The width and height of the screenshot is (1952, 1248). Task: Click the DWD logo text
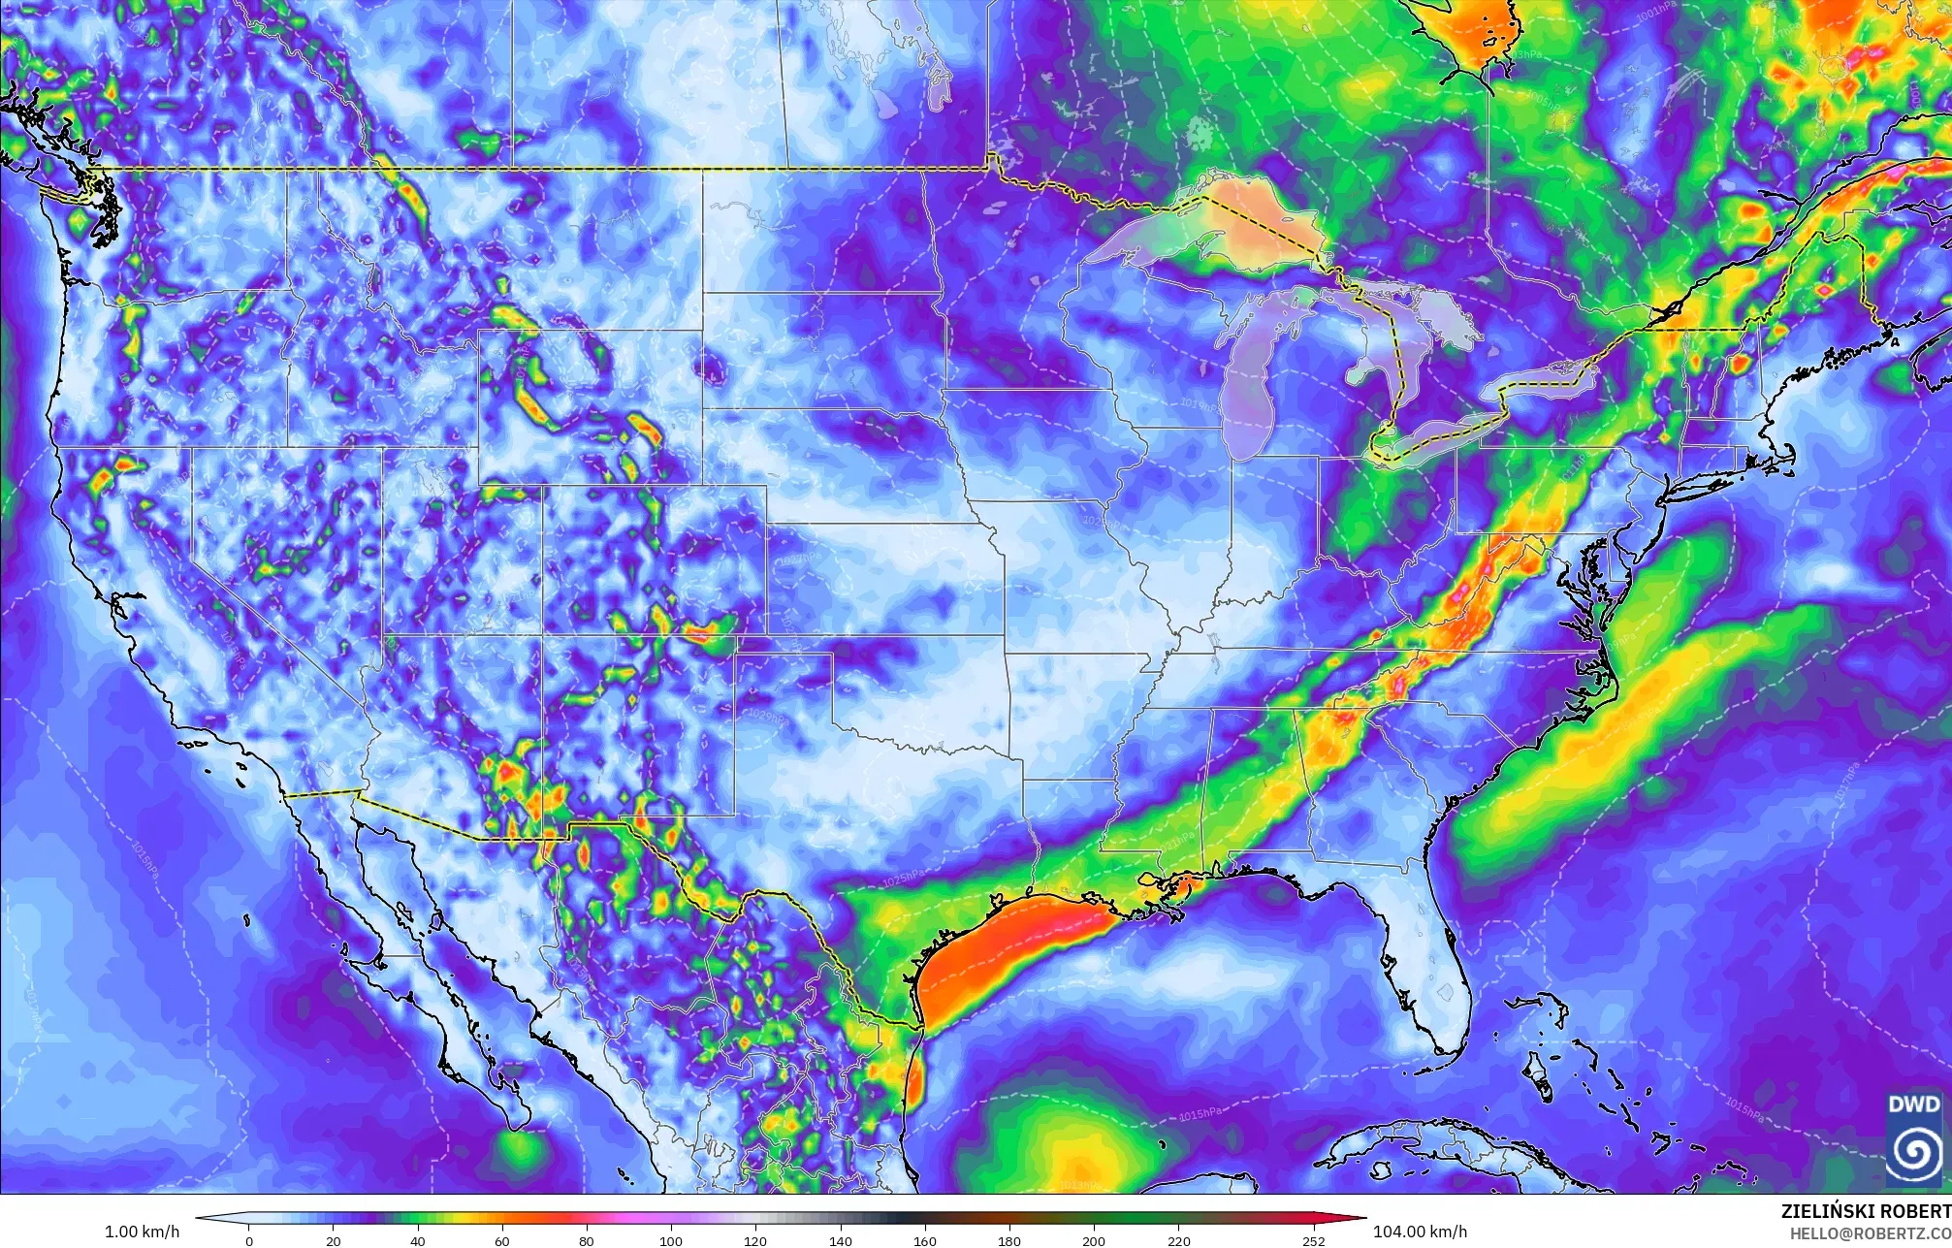pyautogui.click(x=1913, y=1104)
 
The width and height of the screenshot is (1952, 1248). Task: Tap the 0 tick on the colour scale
pyautogui.click(x=249, y=1241)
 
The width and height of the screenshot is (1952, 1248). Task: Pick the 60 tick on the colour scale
pyautogui.click(x=502, y=1241)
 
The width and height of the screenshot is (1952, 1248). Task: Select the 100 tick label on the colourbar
pyautogui.click(x=671, y=1241)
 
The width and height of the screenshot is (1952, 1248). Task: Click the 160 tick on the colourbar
pyautogui.click(x=924, y=1241)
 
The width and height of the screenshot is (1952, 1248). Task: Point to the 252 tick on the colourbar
pyautogui.click(x=1313, y=1241)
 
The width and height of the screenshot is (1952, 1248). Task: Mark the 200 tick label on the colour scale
pyautogui.click(x=1093, y=1241)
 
